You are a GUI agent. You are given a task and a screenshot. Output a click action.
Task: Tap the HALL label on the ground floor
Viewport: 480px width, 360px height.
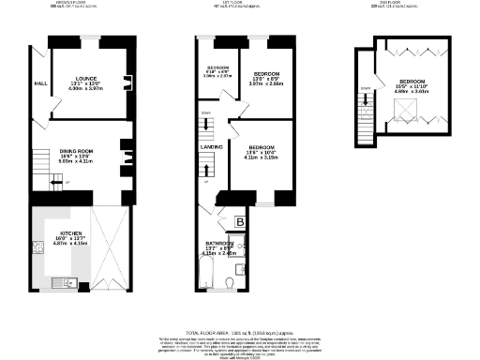(39, 82)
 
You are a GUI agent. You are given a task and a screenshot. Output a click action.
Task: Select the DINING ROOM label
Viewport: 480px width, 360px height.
(78, 151)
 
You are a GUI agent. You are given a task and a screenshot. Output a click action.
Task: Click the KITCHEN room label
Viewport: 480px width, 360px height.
(71, 233)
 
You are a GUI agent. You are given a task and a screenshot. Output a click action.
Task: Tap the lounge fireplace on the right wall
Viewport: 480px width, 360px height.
(126, 82)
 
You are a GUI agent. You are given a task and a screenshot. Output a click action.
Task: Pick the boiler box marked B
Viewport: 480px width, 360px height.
(240, 222)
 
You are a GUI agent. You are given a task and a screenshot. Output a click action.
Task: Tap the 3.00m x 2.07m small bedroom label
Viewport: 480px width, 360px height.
(217, 77)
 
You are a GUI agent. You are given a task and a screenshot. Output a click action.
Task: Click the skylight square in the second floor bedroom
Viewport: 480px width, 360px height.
(407, 112)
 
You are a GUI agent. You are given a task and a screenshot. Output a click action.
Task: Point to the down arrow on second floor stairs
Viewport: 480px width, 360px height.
(365, 90)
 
